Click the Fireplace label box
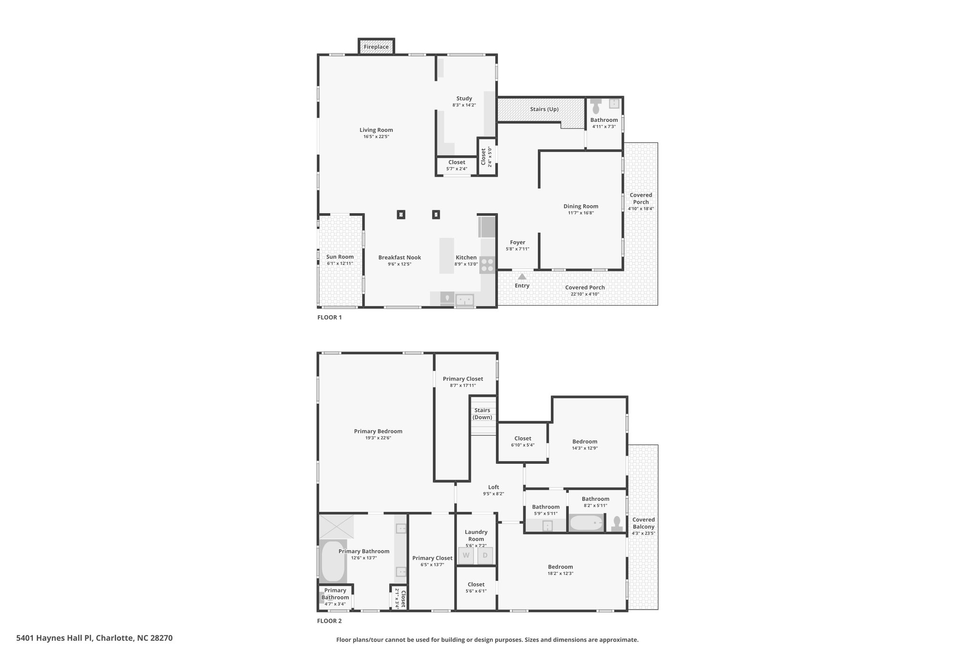(376, 47)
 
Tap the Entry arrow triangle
(522, 276)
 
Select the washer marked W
(466, 555)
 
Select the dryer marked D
(485, 555)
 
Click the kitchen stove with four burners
(487, 265)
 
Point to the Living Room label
(376, 130)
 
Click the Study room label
(464, 99)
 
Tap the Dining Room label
(581, 206)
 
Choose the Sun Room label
(340, 257)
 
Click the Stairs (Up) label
(544, 109)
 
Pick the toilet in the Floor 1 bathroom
(596, 107)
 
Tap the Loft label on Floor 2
(494, 487)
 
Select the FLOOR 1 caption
(329, 318)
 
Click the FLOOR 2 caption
(329, 621)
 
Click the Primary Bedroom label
(378, 431)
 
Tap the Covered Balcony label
(644, 523)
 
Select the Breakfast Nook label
(400, 258)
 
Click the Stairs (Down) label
(482, 414)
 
